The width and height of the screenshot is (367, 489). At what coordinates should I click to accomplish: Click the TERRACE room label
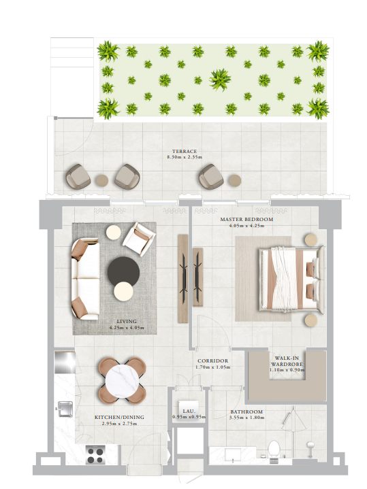185,151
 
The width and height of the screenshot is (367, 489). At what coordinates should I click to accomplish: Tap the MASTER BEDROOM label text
246,219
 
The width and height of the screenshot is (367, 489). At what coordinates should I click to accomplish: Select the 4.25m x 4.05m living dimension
127,328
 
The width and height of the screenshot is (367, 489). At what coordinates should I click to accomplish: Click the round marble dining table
122,381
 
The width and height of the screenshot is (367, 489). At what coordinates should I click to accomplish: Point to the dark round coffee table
124,271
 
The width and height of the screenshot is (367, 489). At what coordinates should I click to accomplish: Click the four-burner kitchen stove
95,456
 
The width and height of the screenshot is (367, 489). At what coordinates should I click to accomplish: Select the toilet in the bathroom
274,448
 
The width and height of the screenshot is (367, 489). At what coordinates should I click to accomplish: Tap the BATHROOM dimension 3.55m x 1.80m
246,418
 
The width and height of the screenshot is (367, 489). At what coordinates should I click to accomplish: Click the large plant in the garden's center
221,80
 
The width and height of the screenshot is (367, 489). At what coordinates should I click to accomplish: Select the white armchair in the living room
139,239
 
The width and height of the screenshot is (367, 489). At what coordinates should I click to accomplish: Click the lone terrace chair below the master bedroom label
211,177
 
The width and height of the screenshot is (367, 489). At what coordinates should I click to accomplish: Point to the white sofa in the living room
85,279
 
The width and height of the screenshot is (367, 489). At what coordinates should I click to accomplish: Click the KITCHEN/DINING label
119,417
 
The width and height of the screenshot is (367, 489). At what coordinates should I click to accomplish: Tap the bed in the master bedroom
291,278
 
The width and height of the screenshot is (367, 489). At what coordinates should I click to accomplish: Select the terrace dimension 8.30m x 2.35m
185,157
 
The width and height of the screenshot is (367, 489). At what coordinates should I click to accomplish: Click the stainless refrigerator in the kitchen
65,362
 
